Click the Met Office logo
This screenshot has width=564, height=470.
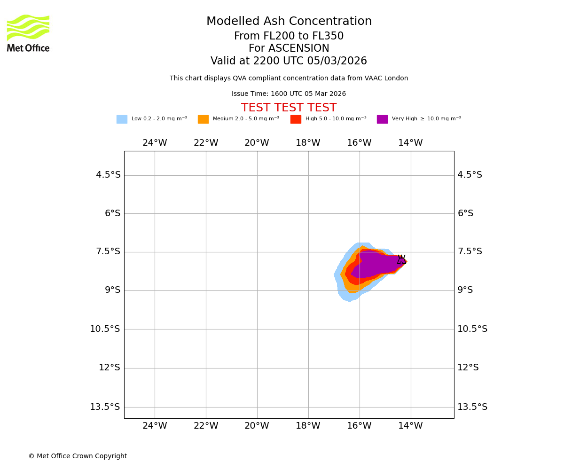(x=28, y=33)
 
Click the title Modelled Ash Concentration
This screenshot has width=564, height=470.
(x=289, y=22)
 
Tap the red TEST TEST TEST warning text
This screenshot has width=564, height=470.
(x=289, y=108)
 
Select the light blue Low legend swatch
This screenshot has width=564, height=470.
(x=122, y=119)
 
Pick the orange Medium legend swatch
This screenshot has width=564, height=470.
(x=203, y=119)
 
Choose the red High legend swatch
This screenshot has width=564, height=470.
(x=296, y=119)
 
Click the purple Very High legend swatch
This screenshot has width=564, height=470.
(x=382, y=119)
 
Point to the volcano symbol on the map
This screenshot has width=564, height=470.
(x=401, y=260)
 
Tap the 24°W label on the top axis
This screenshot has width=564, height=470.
(x=155, y=143)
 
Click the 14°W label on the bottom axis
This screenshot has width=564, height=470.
(x=410, y=426)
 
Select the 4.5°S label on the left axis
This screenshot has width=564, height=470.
(x=108, y=175)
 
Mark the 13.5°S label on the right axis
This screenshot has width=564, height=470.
(x=472, y=407)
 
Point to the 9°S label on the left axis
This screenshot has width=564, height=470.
(x=112, y=290)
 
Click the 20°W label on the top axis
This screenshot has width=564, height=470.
(x=257, y=143)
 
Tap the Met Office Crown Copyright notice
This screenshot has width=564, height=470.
(x=78, y=456)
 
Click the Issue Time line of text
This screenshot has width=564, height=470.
(x=289, y=94)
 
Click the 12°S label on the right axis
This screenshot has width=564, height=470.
(x=468, y=368)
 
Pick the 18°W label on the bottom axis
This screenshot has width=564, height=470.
(x=308, y=426)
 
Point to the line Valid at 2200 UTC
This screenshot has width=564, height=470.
(x=289, y=61)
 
